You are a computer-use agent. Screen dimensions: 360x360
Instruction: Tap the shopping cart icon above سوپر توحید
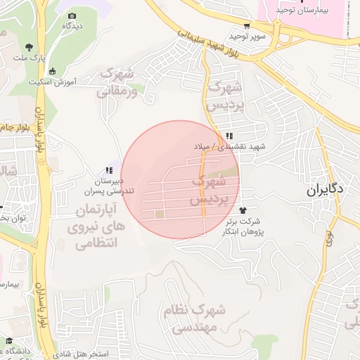tap(246, 25)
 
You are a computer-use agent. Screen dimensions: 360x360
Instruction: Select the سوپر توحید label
tap(245, 35)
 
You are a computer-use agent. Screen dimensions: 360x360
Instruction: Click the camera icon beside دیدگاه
tap(72, 14)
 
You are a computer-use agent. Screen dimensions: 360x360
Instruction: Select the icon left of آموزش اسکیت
tap(51, 71)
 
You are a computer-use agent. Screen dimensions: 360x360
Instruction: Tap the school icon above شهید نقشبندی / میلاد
tap(229, 136)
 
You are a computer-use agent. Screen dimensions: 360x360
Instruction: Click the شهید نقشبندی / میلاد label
tap(231, 147)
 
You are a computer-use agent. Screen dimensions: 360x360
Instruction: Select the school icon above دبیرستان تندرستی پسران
tap(108, 170)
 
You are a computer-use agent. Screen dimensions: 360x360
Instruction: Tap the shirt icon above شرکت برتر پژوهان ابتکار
tap(243, 210)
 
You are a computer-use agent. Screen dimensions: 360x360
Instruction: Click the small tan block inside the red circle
tap(160, 214)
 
